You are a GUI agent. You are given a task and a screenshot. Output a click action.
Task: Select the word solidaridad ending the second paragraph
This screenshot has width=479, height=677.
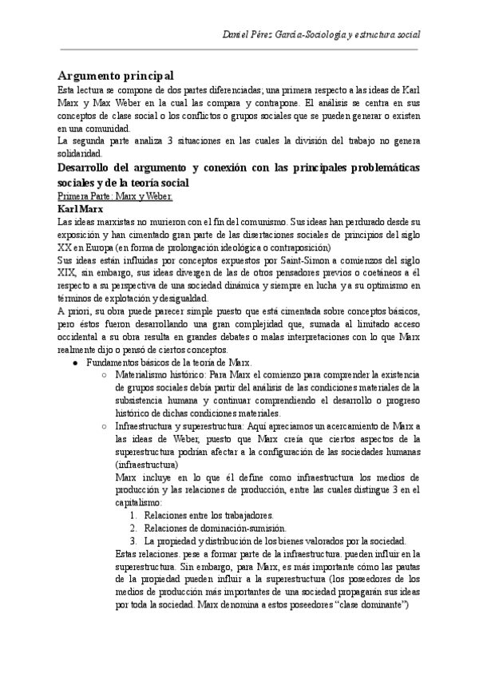pyautogui.click(x=80, y=152)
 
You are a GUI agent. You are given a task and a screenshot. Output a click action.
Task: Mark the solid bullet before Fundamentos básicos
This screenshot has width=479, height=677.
pyautogui.click(x=74, y=362)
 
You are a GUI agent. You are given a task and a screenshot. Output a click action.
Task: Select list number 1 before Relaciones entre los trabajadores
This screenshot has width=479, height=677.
pyautogui.click(x=133, y=516)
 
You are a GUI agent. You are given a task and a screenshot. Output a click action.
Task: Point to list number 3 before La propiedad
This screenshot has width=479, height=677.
pyautogui.click(x=133, y=540)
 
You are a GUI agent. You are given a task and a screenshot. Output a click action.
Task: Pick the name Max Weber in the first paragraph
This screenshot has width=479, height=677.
pyautogui.click(x=105, y=104)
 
